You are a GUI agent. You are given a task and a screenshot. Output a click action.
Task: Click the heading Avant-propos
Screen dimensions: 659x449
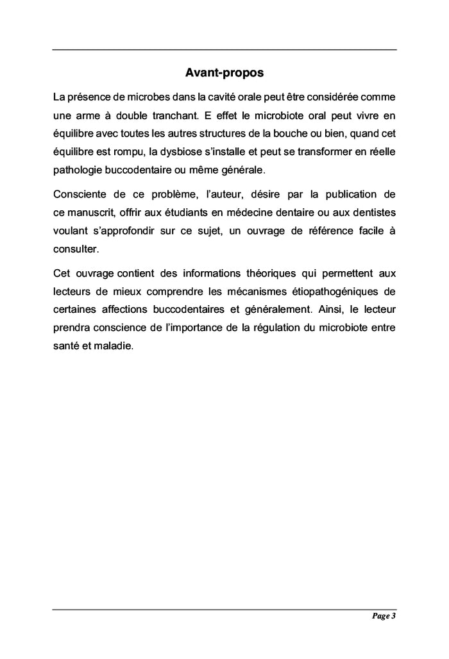[x=224, y=72]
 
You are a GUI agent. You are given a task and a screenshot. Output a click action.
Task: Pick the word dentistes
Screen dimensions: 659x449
[x=373, y=212]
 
